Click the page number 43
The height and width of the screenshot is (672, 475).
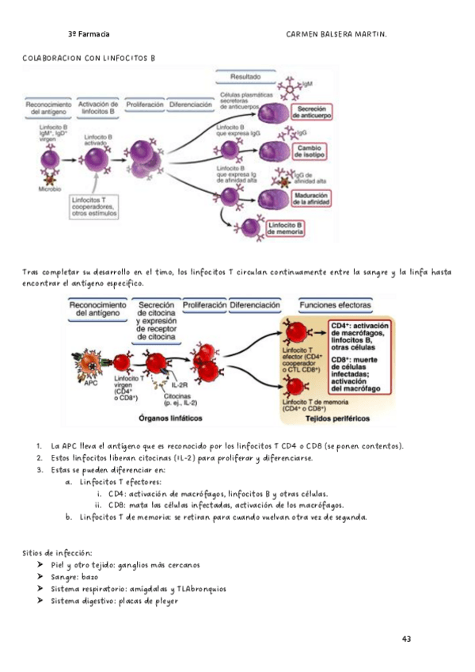click(x=407, y=639)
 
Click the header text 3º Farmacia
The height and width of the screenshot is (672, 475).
click(x=89, y=34)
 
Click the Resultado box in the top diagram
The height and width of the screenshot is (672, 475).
click(x=246, y=77)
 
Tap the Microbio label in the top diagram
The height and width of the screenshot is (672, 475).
click(x=49, y=189)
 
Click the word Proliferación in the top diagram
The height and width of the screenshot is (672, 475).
click(x=145, y=104)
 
